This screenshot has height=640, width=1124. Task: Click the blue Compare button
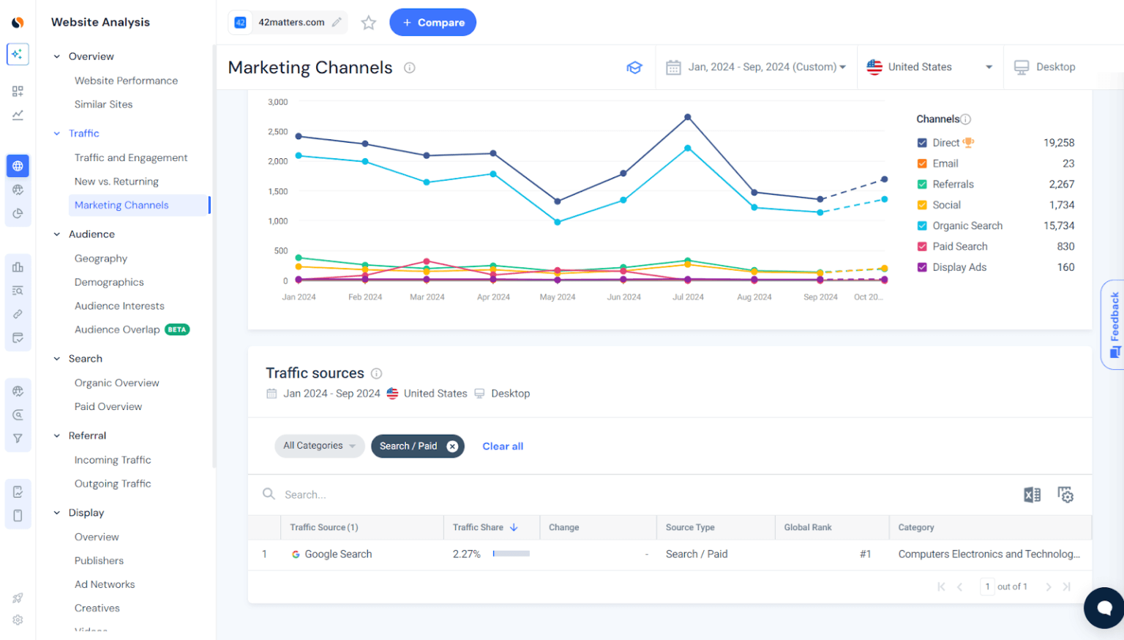432,23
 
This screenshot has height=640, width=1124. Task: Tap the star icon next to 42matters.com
369,23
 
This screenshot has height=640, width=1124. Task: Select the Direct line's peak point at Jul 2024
688,117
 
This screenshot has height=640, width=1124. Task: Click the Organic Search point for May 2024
558,222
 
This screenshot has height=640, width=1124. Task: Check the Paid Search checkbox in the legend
922,247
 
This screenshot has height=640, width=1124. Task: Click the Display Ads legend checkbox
922,267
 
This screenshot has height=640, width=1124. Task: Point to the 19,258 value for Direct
1058,143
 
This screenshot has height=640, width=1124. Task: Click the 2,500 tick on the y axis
278,132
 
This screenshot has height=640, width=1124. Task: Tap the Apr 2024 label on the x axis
493,297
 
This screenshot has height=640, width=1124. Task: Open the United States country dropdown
929,67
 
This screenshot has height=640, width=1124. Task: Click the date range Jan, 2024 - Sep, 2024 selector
756,67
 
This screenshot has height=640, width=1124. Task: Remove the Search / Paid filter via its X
452,446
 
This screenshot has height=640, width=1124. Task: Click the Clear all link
503,446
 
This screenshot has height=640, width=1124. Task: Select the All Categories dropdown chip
319,446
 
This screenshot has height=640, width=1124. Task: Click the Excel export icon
1032,495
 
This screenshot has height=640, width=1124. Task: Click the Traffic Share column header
479,527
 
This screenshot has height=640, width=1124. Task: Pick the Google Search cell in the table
337,554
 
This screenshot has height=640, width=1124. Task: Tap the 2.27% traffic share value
466,554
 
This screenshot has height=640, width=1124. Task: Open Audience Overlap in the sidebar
117,330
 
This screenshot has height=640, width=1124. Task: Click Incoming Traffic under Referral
113,460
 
